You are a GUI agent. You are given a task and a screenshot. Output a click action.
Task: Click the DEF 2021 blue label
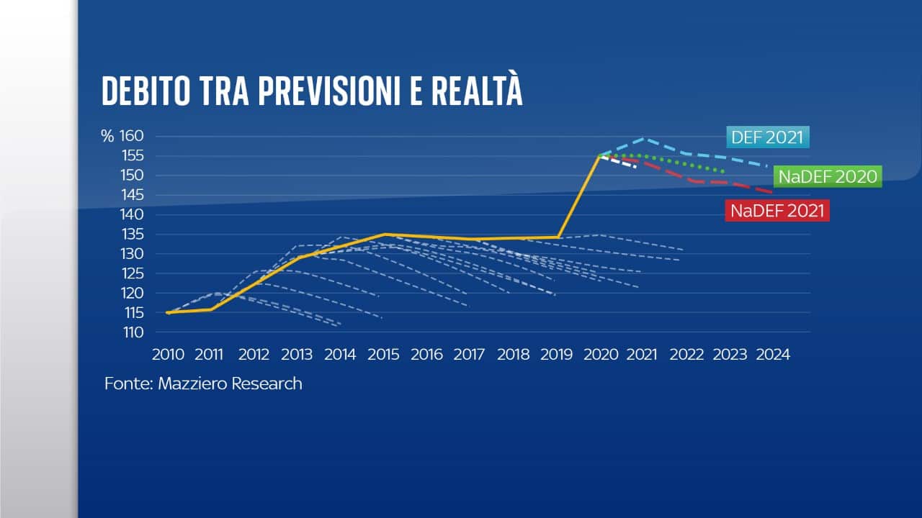[x=768, y=137]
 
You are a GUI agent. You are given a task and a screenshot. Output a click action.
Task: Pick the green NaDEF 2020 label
[x=828, y=177]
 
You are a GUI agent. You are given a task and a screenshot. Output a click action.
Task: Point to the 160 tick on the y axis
[x=133, y=136]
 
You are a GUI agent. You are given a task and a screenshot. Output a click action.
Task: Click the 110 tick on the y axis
[x=133, y=332]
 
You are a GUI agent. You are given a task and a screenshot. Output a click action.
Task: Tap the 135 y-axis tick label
[x=133, y=235]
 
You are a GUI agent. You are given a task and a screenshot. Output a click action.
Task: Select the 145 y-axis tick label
[x=133, y=195]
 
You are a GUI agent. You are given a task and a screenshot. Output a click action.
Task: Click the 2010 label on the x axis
[x=168, y=355]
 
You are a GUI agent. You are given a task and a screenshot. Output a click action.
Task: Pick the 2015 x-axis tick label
[x=385, y=355]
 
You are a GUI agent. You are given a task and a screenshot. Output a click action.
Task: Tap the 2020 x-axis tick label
[x=601, y=355]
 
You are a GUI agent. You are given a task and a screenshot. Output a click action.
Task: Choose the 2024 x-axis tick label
[x=773, y=355]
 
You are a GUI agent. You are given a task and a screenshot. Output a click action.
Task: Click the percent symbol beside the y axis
[x=107, y=136]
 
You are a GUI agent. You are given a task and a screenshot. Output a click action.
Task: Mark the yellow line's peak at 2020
[x=599, y=155]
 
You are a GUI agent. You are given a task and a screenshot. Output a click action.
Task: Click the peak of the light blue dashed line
[x=645, y=138]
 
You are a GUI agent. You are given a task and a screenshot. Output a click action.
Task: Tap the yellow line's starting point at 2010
[x=168, y=312]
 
